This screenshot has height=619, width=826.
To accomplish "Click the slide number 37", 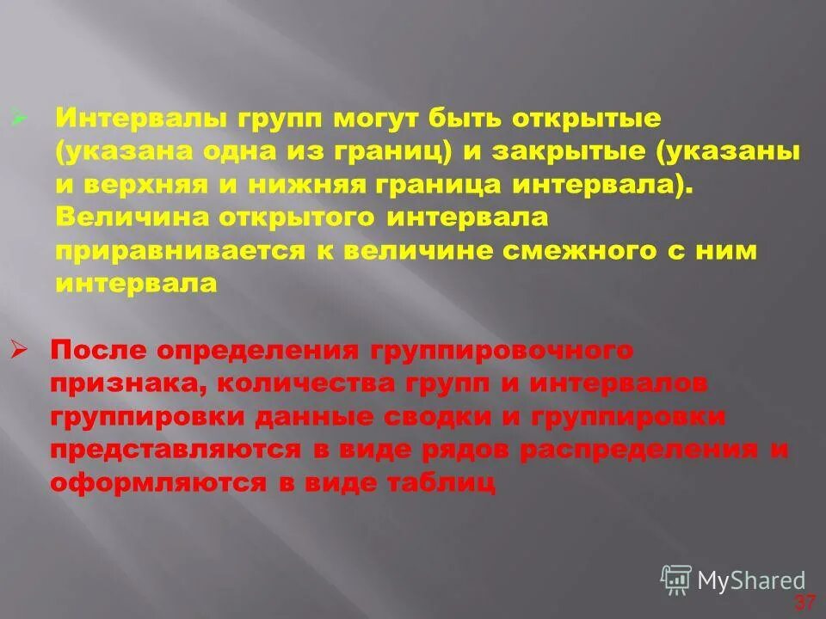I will pos(804,602).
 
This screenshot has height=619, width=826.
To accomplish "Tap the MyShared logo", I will pos(733,579).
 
